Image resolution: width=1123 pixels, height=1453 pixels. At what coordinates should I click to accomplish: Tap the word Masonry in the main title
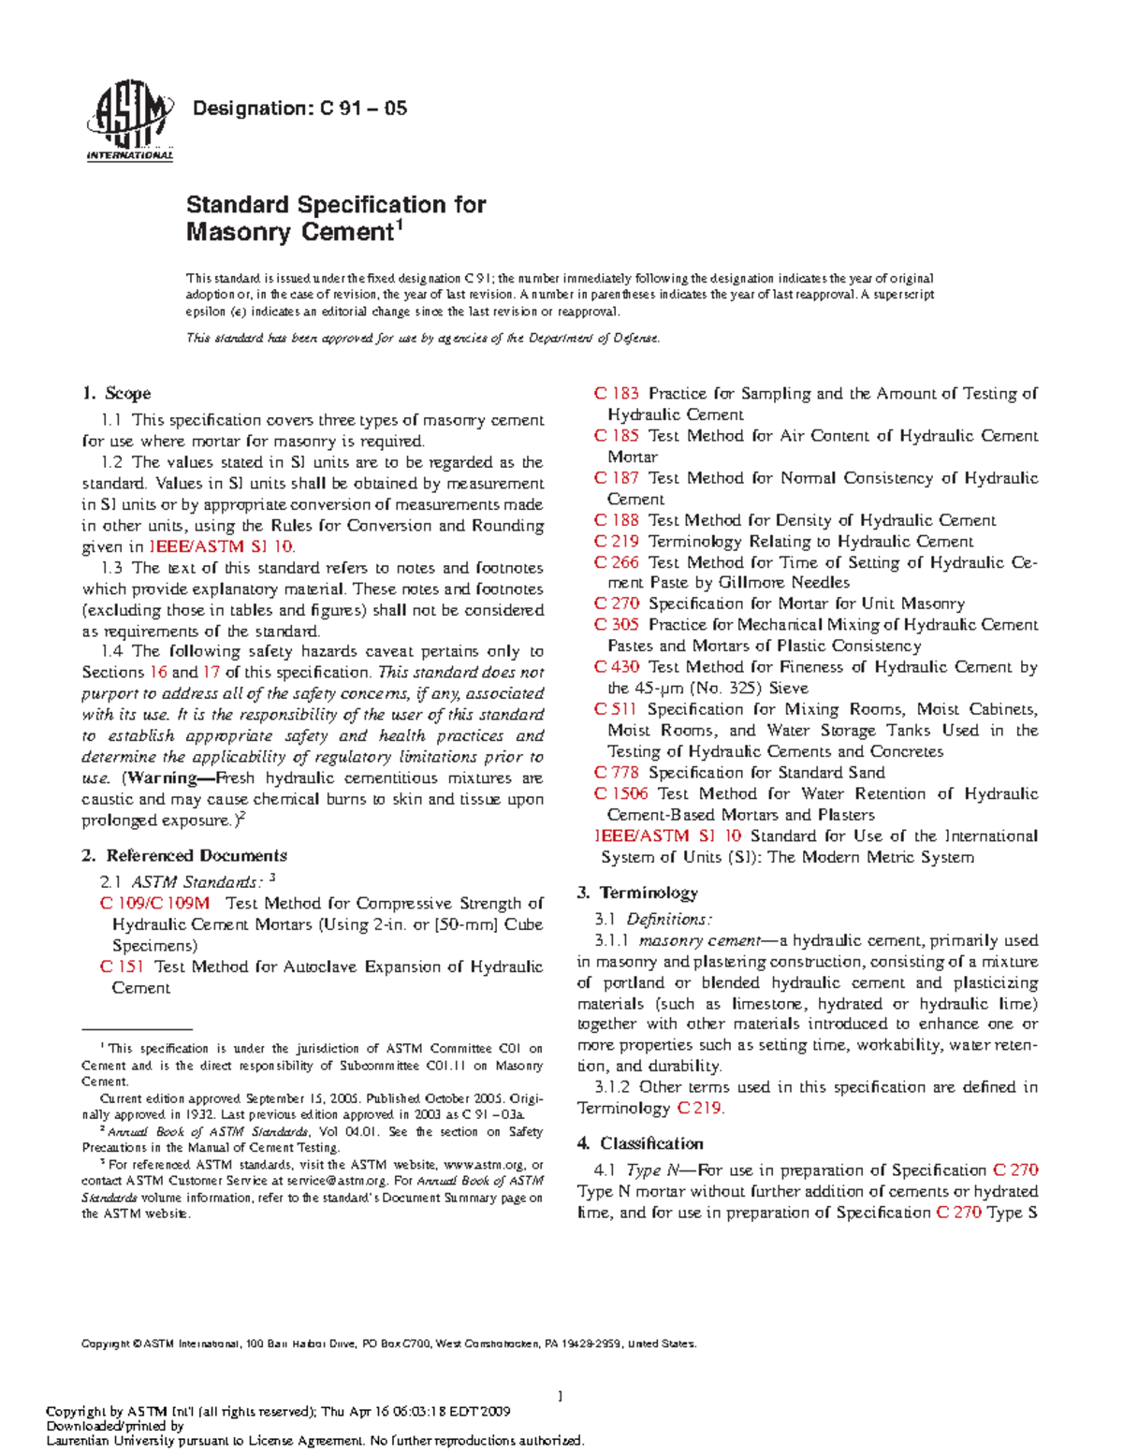click(239, 233)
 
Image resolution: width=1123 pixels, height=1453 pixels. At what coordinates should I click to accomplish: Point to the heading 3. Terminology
click(637, 893)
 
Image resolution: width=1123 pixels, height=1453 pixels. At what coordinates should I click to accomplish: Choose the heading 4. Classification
click(640, 1143)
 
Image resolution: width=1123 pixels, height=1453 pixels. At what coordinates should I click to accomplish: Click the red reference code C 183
click(617, 394)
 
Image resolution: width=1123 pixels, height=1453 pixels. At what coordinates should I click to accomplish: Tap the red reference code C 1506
click(620, 793)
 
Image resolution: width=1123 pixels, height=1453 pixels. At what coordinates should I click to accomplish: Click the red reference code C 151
click(122, 967)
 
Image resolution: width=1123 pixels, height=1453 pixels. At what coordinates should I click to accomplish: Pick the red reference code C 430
click(617, 667)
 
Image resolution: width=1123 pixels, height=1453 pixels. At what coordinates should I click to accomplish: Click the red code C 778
click(617, 773)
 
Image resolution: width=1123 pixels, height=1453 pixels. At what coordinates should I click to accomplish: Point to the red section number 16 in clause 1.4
click(158, 673)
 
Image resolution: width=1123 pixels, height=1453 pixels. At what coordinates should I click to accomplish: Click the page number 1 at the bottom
click(560, 1397)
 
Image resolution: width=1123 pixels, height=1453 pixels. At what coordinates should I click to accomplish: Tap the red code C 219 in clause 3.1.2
click(699, 1109)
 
